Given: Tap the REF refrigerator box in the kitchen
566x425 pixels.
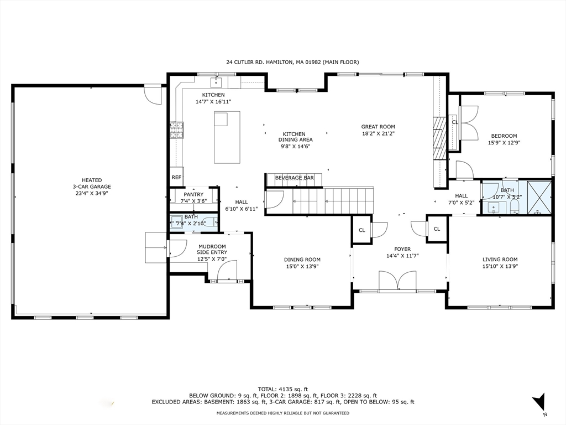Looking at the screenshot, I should pos(176,177).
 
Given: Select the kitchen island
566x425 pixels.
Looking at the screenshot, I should pos(227,137).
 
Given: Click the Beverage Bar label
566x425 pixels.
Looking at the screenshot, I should pos(295,178).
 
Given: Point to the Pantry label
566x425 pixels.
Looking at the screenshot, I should pos(193,194).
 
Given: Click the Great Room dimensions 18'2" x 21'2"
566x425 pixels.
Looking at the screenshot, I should pos(378,133).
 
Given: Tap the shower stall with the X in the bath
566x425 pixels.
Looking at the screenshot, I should pos(538,197).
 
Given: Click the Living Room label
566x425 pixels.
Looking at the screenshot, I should pos(500,259).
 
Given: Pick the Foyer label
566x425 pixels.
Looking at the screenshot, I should pos(402,249).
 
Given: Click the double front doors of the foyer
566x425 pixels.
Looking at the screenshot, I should pos(397,281).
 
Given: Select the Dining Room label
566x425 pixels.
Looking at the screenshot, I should pos(302,259).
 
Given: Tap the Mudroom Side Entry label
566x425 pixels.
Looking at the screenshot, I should pos(212,252).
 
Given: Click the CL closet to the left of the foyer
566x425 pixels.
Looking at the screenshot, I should pos(361,230).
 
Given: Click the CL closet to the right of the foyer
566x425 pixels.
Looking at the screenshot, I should pos(436,229).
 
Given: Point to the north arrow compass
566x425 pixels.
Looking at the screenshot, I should pos(539,403).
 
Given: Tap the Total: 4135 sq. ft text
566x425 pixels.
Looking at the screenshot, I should pos(282,388).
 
